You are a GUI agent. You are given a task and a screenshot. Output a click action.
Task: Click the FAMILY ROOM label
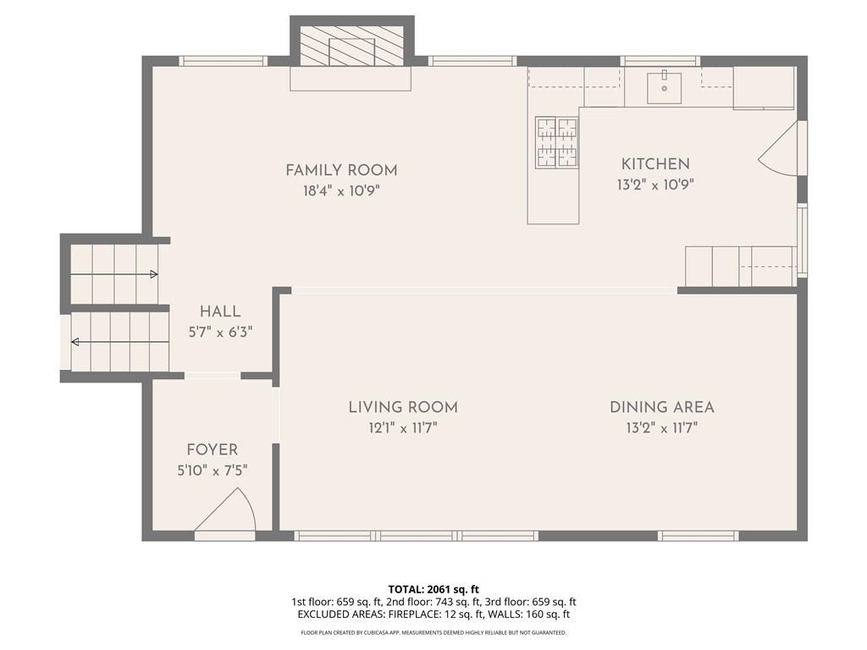point(341,170)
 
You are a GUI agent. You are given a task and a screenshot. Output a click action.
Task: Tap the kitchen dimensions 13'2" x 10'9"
point(655,185)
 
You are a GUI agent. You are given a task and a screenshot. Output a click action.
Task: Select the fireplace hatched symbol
point(351,46)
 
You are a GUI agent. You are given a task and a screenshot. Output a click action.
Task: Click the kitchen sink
point(665,87)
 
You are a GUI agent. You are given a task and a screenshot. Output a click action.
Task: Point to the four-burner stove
point(557,142)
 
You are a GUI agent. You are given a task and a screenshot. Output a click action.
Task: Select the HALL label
point(220,311)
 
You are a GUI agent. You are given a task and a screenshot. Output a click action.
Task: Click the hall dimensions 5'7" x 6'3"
point(220,332)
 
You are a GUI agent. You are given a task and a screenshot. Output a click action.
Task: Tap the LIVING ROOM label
point(403,408)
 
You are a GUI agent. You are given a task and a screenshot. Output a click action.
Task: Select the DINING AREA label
point(662,408)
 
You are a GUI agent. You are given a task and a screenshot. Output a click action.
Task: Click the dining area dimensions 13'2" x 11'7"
point(662,428)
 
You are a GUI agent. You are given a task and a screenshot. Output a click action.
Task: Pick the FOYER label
point(213,450)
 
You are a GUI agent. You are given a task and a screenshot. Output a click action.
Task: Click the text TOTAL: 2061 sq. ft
point(433,589)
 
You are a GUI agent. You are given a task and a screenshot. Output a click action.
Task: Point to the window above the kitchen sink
point(660,61)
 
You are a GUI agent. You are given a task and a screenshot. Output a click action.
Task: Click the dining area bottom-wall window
point(699,536)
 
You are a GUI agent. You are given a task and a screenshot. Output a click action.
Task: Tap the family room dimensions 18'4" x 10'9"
point(341,191)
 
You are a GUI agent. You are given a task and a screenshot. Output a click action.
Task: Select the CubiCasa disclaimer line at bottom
point(433,632)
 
